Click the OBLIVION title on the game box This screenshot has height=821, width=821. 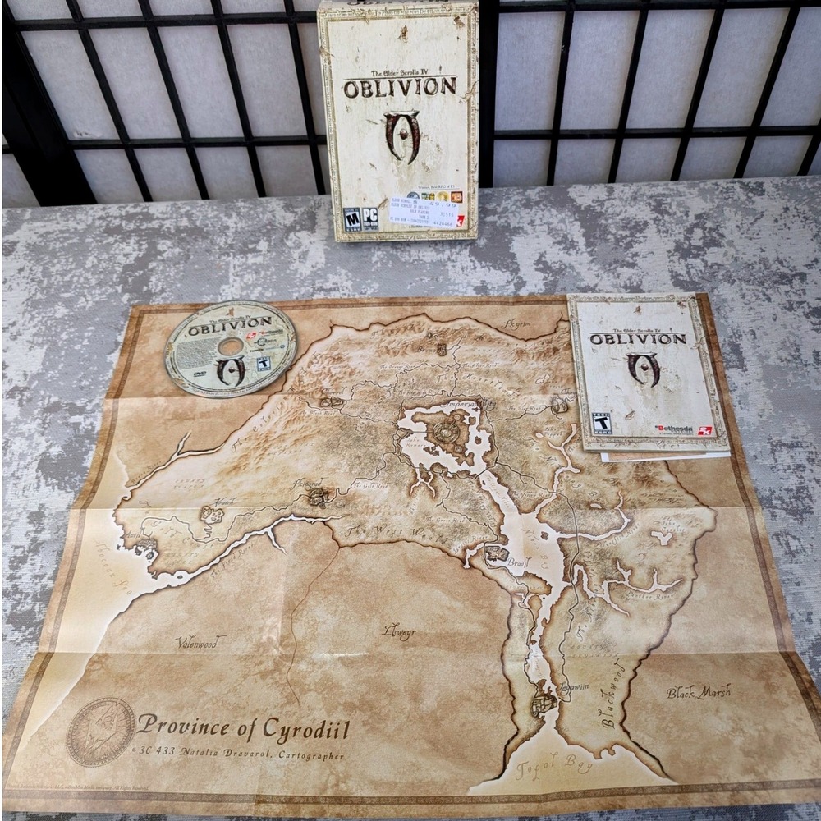[x=399, y=87]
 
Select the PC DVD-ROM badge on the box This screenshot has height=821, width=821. [x=372, y=219]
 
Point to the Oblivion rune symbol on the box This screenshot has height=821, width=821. [x=401, y=135]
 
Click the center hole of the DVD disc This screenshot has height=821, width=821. [x=231, y=346]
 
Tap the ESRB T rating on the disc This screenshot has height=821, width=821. [x=264, y=363]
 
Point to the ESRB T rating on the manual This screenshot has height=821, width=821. [x=602, y=424]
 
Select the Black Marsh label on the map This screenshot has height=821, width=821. [x=698, y=692]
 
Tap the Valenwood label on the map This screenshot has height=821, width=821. [x=196, y=642]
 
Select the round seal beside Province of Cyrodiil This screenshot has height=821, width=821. [x=100, y=731]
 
